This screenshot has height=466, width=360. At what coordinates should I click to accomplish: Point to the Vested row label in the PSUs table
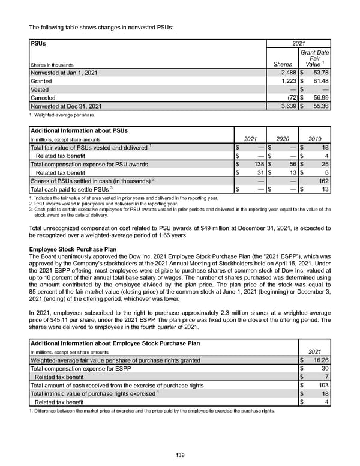point(43,89)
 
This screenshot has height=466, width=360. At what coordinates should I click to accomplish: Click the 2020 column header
point(282,139)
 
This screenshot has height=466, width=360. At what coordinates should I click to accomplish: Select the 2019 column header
point(315,139)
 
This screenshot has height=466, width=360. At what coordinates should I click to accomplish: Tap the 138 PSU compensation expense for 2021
point(255,164)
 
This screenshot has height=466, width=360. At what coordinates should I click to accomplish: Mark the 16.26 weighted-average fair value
point(318,360)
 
